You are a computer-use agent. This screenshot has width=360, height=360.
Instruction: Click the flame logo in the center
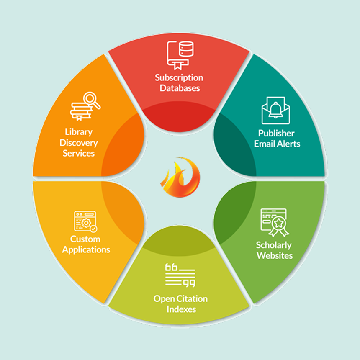pyautogui.click(x=180, y=177)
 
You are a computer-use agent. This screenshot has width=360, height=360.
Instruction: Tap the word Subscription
pyautogui.click(x=179, y=77)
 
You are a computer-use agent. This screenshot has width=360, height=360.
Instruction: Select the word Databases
pyautogui.click(x=180, y=88)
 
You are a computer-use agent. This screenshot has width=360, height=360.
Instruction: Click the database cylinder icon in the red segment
pyautogui.click(x=186, y=49)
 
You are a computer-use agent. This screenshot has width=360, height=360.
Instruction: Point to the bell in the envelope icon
pyautogui.click(x=275, y=110)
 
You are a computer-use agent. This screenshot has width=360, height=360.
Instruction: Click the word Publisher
pyautogui.click(x=276, y=133)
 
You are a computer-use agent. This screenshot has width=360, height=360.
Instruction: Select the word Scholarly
pyautogui.click(x=274, y=245)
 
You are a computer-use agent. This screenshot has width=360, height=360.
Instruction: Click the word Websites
pyautogui.click(x=275, y=255)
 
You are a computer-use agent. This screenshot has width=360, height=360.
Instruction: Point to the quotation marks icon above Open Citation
pyautogui.click(x=180, y=275)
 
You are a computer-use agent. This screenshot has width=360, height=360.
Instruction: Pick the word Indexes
pyautogui.click(x=181, y=309)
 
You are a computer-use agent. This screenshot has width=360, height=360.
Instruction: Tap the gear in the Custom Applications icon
pyautogui.click(x=86, y=223)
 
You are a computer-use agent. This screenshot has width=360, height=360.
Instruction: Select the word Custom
pyautogui.click(x=85, y=239)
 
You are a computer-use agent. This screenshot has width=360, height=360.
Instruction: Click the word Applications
pyautogui.click(x=86, y=249)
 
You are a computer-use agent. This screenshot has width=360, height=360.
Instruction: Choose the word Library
pyautogui.click(x=79, y=132)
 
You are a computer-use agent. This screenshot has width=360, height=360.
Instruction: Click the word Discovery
pyautogui.click(x=79, y=143)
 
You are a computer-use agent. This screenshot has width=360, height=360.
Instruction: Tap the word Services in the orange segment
pyautogui.click(x=79, y=153)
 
